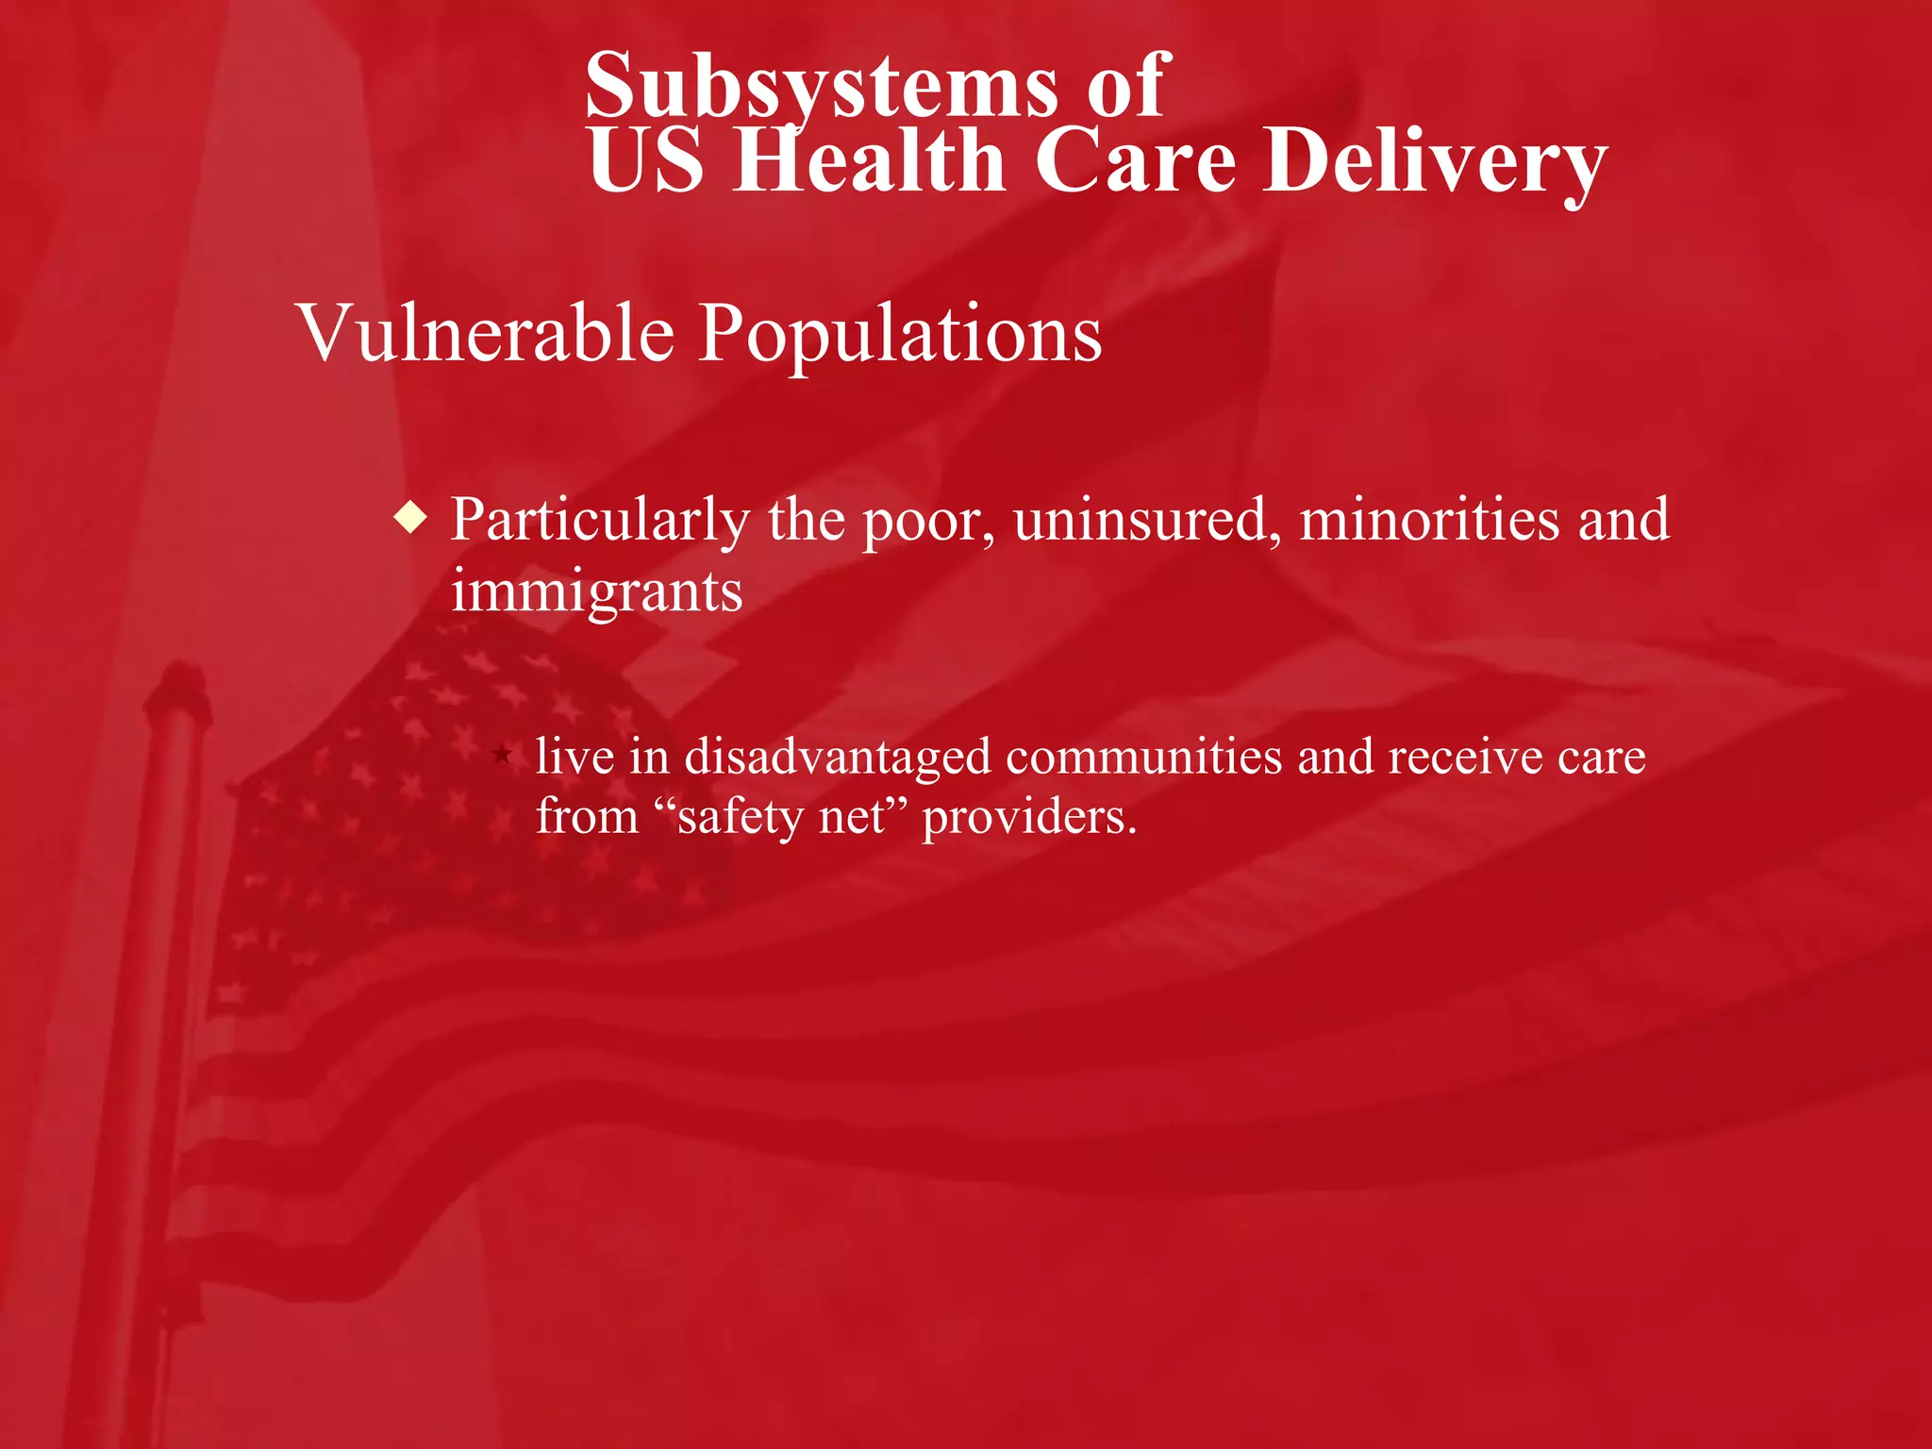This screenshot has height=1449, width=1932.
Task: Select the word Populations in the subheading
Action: click(900, 335)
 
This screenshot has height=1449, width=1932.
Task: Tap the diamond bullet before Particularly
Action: click(411, 518)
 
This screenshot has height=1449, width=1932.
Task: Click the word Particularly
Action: click(601, 521)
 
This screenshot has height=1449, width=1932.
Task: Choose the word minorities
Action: click(1429, 519)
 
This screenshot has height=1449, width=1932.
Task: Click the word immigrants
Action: click(596, 592)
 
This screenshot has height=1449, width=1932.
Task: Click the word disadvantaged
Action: click(838, 758)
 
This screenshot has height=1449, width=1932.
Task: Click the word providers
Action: click(1029, 817)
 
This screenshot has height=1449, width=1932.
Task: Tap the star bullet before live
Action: click(502, 754)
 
